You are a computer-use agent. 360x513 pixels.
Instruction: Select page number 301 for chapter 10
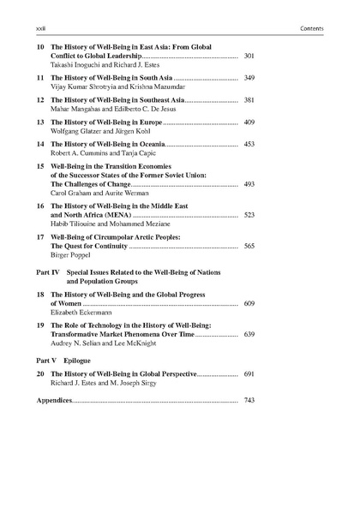point(249,56)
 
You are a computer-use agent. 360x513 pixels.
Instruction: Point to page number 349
point(249,78)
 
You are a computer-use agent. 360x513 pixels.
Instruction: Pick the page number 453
point(249,145)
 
